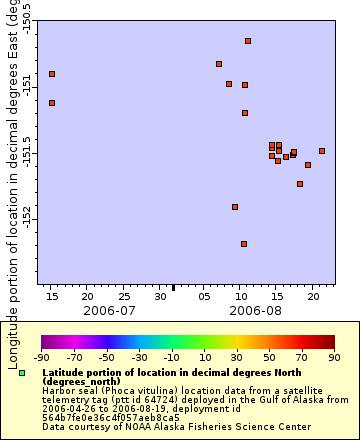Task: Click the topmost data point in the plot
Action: [x=248, y=41]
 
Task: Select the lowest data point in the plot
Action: [x=244, y=244]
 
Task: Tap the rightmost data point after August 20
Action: [x=322, y=151]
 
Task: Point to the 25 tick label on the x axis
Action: [x=124, y=297]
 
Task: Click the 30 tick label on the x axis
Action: [x=160, y=297]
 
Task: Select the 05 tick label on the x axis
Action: [x=204, y=297]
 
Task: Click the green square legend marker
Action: [x=21, y=373]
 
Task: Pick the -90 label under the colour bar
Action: [x=41, y=356]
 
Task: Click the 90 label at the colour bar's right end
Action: [x=334, y=356]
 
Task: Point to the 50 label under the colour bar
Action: [x=269, y=356]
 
